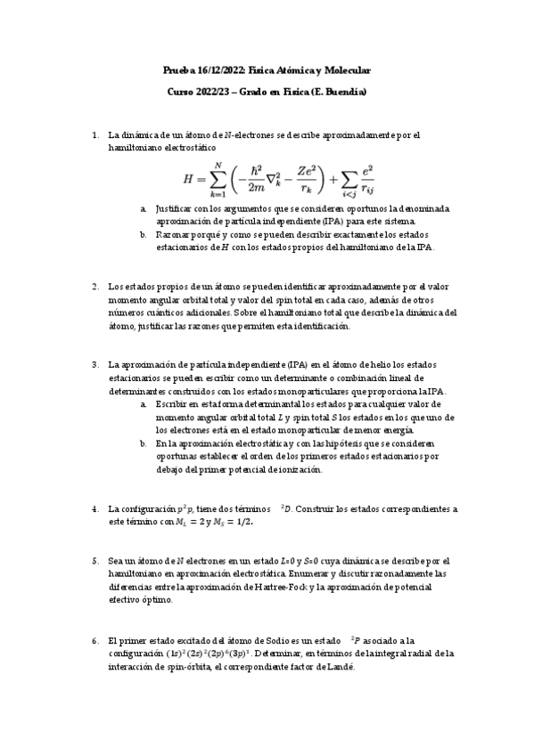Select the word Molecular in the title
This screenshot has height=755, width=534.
coord(343,69)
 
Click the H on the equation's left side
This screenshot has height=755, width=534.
coord(188,178)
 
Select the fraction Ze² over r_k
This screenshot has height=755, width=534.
coord(299,178)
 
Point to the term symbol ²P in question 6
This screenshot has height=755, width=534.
coord(356,640)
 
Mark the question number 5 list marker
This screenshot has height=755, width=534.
coord(95,561)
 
